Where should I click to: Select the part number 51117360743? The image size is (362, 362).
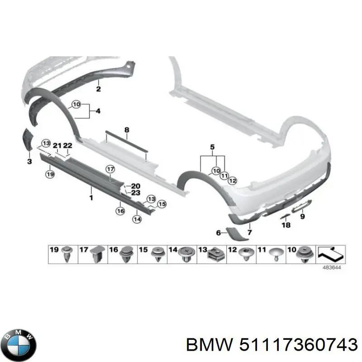296,346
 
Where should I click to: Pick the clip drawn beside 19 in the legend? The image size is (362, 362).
68,254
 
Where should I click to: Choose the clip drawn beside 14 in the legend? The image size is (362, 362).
186,255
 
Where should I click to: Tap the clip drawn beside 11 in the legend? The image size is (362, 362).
276,254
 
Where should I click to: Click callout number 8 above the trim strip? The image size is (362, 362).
127,130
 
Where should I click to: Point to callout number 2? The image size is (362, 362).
98,89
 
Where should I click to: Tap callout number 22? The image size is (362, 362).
67,145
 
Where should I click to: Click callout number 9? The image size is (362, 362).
302,217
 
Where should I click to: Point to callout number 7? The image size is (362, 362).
250,232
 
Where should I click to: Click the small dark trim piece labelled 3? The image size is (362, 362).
27,139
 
